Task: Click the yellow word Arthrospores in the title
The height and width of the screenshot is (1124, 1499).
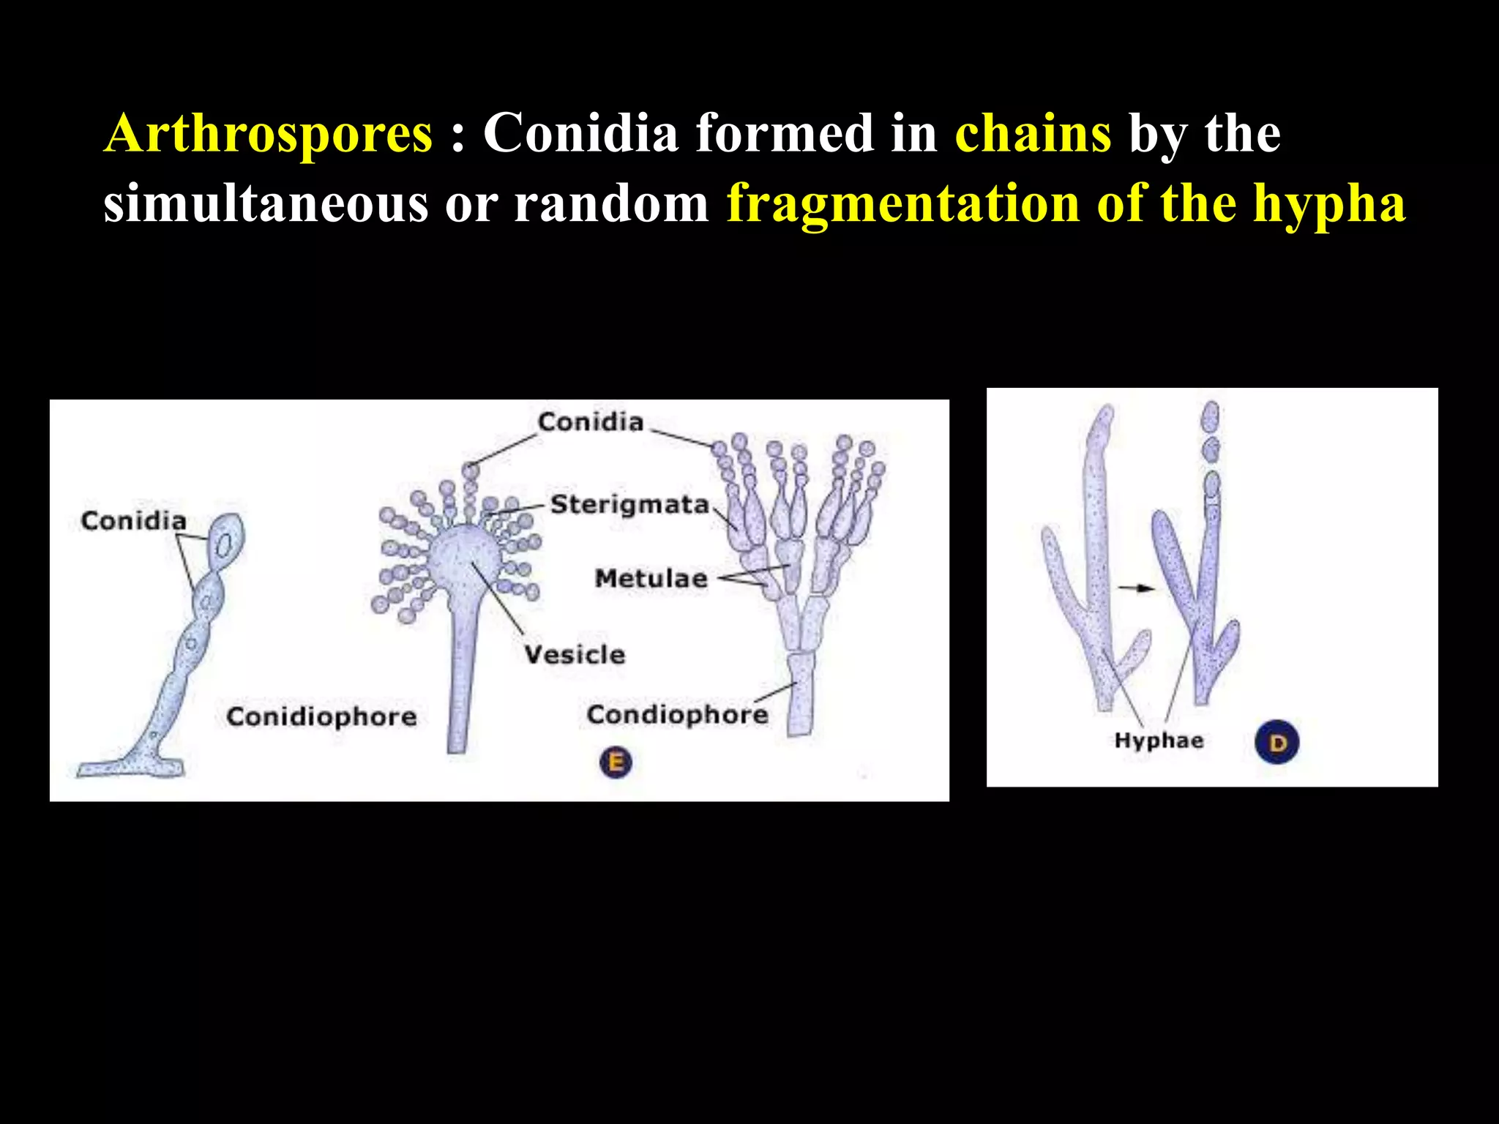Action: pos(268,134)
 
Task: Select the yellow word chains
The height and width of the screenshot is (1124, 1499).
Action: pos(1033,134)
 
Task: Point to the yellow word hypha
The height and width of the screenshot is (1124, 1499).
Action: pos(1328,203)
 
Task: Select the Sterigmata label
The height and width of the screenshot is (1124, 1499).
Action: pos(629,504)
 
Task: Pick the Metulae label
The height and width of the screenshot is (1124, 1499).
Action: pos(651,578)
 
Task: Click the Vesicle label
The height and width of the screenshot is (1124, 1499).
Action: pos(575,654)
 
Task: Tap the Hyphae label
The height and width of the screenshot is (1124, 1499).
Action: pos(1159,741)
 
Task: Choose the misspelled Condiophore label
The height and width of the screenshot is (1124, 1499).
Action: pos(677,714)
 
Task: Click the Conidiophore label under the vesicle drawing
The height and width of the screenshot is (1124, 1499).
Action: pos(321,716)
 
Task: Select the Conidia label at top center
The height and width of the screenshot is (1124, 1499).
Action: pos(590,422)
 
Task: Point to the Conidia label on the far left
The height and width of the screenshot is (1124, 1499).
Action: pos(133,521)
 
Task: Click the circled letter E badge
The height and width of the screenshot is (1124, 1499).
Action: pos(616,763)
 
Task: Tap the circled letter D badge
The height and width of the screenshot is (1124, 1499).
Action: pos(1276,743)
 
